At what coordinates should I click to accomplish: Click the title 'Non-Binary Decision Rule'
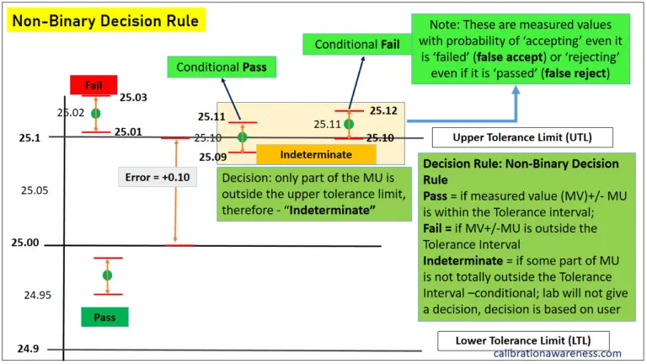104,20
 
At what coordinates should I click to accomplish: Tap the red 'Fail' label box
94,85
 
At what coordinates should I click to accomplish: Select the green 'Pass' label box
104,317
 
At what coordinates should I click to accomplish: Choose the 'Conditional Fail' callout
356,45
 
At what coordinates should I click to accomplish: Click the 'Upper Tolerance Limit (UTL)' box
511,138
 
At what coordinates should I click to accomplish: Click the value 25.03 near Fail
133,99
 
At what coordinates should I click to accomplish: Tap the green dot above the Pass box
107,276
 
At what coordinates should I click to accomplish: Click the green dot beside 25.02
95,113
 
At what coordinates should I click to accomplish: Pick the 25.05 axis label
35,190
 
